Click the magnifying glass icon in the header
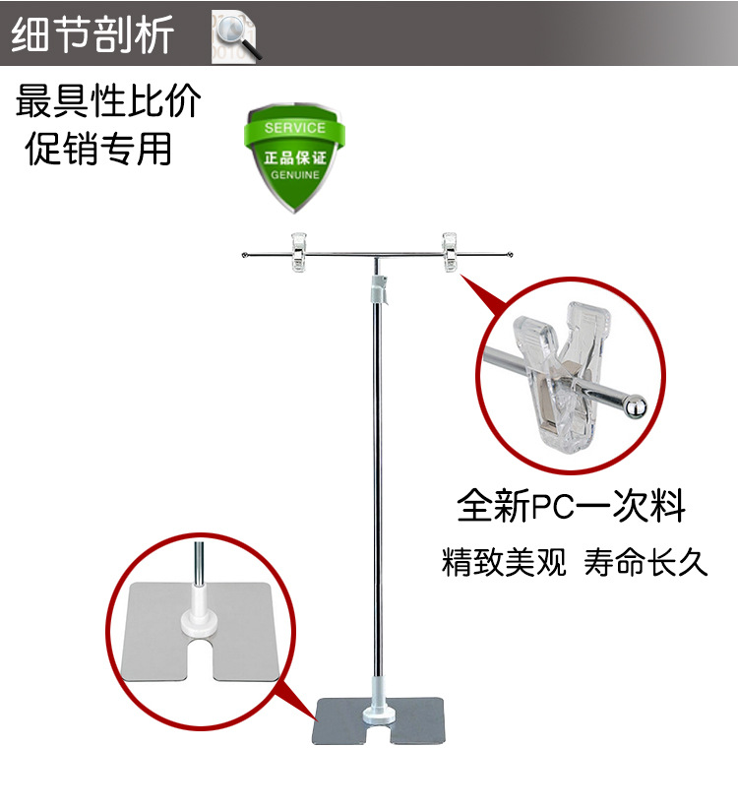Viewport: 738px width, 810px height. pyautogui.click(x=235, y=38)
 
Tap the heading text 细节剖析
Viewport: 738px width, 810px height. pyautogui.click(x=92, y=34)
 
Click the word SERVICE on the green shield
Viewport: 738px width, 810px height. pyautogui.click(x=295, y=128)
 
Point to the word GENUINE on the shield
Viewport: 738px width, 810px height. pyautogui.click(x=295, y=175)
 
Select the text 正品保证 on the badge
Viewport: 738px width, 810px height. pyautogui.click(x=295, y=157)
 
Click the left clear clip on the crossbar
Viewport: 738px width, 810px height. pyautogui.click(x=298, y=252)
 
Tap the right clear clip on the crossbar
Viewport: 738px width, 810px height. pyautogui.click(x=450, y=252)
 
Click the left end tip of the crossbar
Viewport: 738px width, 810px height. pyautogui.click(x=244, y=255)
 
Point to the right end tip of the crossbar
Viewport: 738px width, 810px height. pyautogui.click(x=511, y=254)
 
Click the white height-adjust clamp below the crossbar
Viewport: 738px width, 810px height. pyautogui.click(x=379, y=289)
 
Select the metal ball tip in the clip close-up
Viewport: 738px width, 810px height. pyautogui.click(x=635, y=406)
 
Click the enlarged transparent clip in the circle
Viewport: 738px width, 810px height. pyautogui.click(x=563, y=377)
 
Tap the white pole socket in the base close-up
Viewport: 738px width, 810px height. pyautogui.click(x=199, y=615)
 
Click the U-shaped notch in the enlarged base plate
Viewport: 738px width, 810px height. pyautogui.click(x=199, y=658)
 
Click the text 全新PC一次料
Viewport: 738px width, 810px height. pyautogui.click(x=571, y=506)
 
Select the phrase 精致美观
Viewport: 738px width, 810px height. pyautogui.click(x=504, y=562)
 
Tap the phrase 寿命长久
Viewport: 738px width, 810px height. pyautogui.click(x=646, y=562)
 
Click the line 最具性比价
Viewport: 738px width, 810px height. pyautogui.click(x=108, y=100)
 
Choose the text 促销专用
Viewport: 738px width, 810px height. pyautogui.click(x=98, y=149)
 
